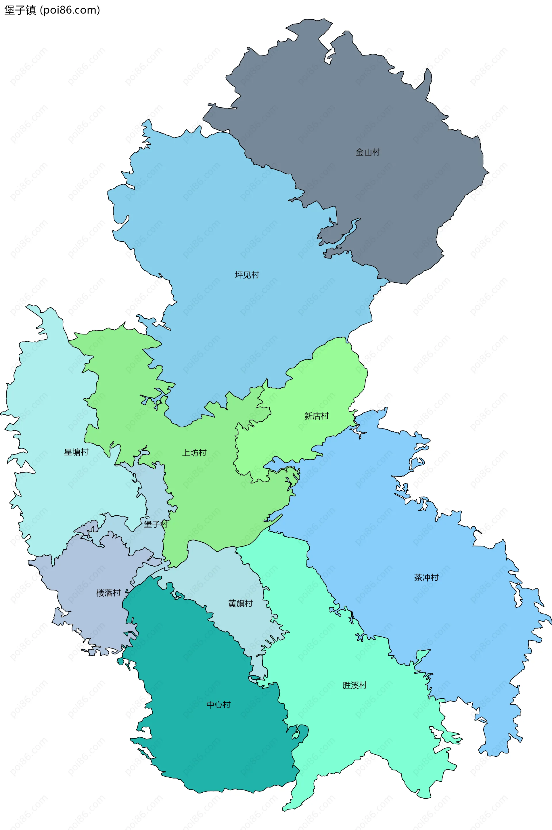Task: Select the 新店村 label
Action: (316, 416)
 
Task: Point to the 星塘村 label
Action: (76, 452)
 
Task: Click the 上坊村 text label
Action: (194, 453)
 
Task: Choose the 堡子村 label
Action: (156, 524)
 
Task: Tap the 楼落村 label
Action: (108, 593)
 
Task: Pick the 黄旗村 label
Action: (240, 604)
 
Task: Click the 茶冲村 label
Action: (426, 577)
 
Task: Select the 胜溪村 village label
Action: (354, 685)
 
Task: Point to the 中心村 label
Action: (218, 705)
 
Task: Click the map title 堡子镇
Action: (20, 10)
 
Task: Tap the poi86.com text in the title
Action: (70, 10)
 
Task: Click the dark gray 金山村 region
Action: (352, 106)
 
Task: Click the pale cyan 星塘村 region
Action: (53, 493)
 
